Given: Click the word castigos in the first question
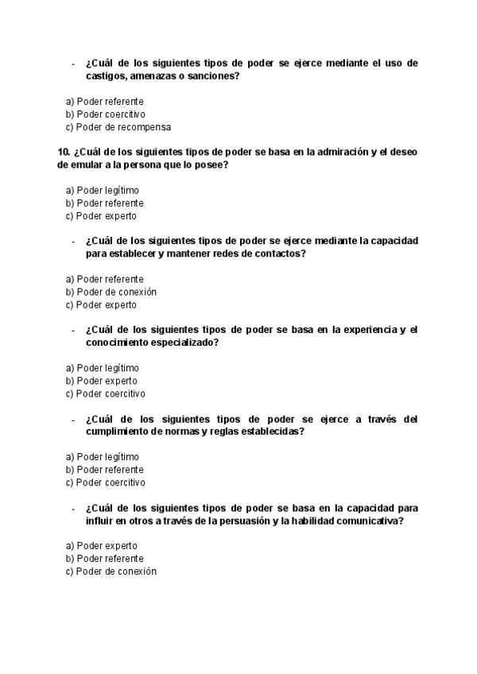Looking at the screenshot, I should click(x=106, y=76).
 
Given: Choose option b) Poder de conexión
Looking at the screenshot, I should click(x=111, y=292).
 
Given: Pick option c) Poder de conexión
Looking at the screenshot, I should click(x=111, y=571).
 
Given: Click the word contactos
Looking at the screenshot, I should click(x=280, y=254).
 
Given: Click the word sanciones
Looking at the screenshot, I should click(x=211, y=76).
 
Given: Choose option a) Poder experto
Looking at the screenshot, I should click(x=102, y=546).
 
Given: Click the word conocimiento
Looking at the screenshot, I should click(x=118, y=343).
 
